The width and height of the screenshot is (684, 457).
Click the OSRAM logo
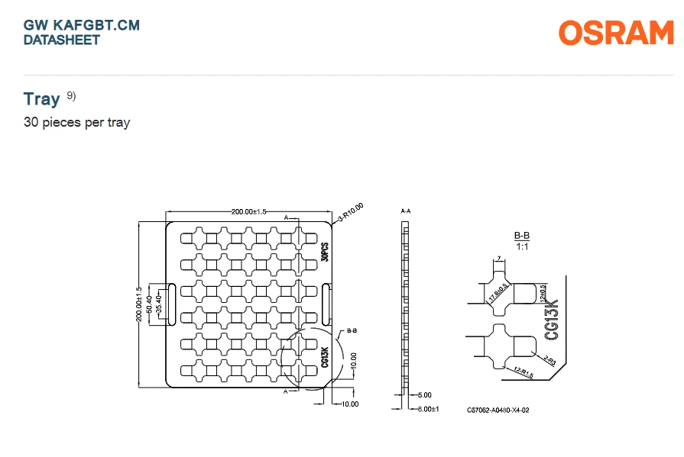coord(616,33)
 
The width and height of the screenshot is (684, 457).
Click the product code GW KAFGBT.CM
coord(82,25)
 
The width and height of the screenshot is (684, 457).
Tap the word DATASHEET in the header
coord(61,40)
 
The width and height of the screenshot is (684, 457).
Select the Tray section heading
coord(41,99)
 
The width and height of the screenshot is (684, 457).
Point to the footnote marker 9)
coord(71,95)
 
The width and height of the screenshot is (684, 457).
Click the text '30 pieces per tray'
coord(76,122)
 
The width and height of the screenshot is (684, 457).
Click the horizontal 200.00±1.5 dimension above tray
coord(248,212)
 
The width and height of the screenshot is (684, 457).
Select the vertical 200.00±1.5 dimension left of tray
coord(139,304)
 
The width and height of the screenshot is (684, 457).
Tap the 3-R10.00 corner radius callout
coord(351,212)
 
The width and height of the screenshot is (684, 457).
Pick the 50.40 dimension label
coord(149,304)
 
